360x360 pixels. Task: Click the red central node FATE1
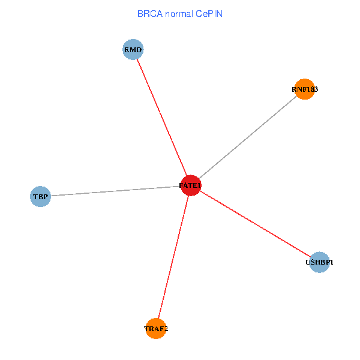pyautogui.click(x=190, y=185)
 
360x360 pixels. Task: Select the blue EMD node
pyautogui.click(x=133, y=50)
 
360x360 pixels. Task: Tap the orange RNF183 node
pyautogui.click(x=305, y=89)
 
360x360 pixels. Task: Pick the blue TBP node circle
pyautogui.click(x=40, y=196)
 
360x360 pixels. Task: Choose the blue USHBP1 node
pyautogui.click(x=320, y=262)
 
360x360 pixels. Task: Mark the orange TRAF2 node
pyautogui.click(x=156, y=328)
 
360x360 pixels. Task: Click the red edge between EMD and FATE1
pyautogui.click(x=161, y=116)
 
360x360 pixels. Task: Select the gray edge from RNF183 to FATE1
pyautogui.click(x=248, y=137)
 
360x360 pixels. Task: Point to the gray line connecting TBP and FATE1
pyautogui.click(x=114, y=191)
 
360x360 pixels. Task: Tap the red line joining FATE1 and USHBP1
pyautogui.click(x=255, y=224)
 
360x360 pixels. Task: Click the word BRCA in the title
pyautogui.click(x=148, y=13)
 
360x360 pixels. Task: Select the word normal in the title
pyautogui.click(x=179, y=13)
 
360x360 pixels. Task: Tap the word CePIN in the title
pyautogui.click(x=209, y=13)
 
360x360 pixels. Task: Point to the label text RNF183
pyautogui.click(x=305, y=89)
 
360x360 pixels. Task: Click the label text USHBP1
pyautogui.click(x=320, y=262)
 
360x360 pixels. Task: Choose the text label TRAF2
pyautogui.click(x=156, y=329)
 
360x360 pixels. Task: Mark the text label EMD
pyautogui.click(x=133, y=50)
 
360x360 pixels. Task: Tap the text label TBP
pyautogui.click(x=40, y=196)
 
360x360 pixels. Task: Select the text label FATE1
pyautogui.click(x=190, y=186)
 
